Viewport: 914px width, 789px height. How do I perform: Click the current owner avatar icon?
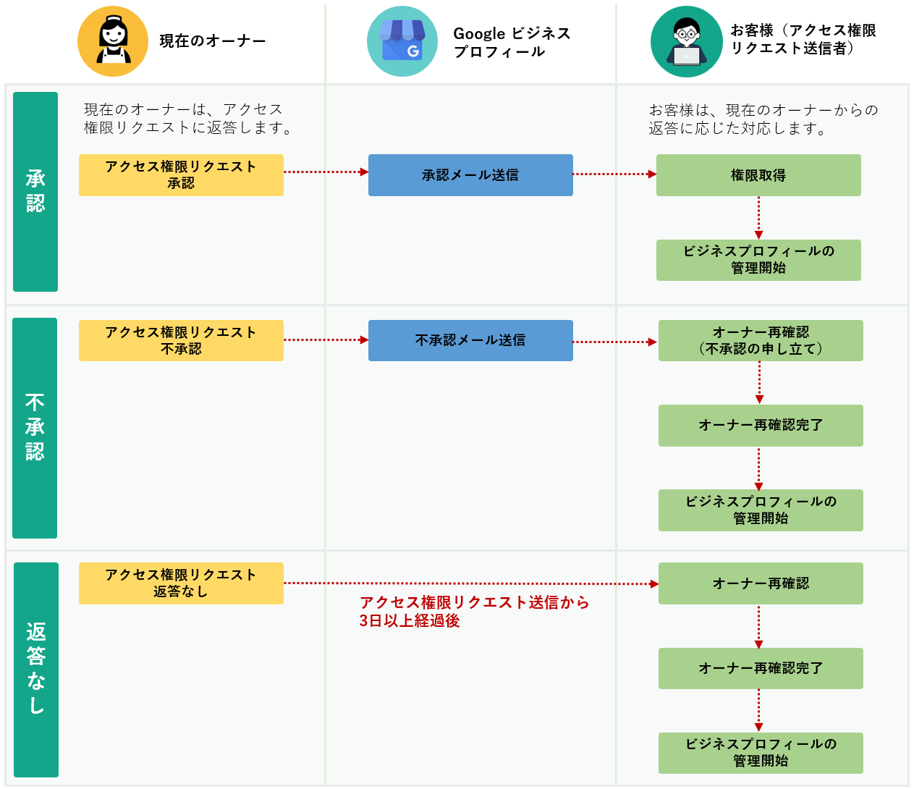coord(112,41)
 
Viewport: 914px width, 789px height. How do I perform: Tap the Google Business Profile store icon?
coord(402,41)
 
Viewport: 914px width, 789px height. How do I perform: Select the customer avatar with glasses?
coord(686,42)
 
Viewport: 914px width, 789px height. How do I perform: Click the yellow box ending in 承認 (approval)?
coord(181,175)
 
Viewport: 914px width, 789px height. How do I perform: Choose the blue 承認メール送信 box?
coord(470,175)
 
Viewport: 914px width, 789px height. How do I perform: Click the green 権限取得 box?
coord(758,175)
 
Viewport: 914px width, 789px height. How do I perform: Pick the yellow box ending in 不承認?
coord(181,340)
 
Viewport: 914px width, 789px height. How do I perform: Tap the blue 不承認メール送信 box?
coord(470,340)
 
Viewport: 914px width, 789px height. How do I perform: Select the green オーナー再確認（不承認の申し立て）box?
coord(761,340)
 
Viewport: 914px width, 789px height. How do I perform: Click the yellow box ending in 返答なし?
coord(181,583)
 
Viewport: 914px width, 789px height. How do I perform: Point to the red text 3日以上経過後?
coord(410,621)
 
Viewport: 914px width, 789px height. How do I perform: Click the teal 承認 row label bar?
coord(35,192)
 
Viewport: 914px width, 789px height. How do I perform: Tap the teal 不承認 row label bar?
coord(35,428)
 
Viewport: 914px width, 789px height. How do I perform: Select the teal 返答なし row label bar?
coord(36,670)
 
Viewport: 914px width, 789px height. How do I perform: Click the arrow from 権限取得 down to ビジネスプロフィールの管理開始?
coord(758,218)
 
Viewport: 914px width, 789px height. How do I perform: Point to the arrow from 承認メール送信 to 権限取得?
coord(614,174)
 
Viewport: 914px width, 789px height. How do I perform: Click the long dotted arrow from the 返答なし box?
coord(470,583)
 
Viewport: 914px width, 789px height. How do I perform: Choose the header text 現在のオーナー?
coord(213,41)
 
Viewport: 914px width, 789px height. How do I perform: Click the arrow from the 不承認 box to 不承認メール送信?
coord(326,339)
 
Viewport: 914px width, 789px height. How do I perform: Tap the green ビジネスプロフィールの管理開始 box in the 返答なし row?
coord(761,753)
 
